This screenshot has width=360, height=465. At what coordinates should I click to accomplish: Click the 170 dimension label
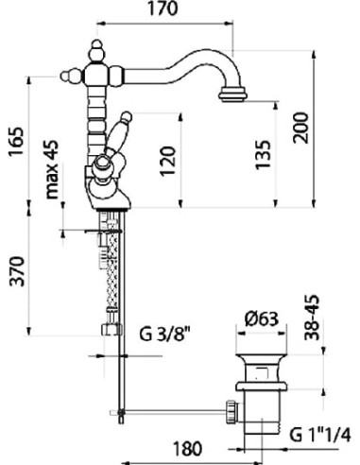coord(163,9)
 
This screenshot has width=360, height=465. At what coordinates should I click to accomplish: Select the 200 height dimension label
coord(300,128)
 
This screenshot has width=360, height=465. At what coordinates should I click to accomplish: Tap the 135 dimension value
coord(263,155)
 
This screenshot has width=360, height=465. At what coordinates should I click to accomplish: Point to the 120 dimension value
coord(167,161)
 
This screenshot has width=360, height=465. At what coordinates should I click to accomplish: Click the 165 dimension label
coord(16,141)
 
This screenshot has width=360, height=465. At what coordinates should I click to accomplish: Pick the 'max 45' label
coord(52,169)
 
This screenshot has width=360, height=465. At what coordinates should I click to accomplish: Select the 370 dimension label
coord(17,271)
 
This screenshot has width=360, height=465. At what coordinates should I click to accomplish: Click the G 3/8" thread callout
coord(165,335)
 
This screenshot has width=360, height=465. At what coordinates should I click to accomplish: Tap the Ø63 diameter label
coord(262,319)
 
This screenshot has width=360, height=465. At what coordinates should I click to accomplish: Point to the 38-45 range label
coord(312,318)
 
